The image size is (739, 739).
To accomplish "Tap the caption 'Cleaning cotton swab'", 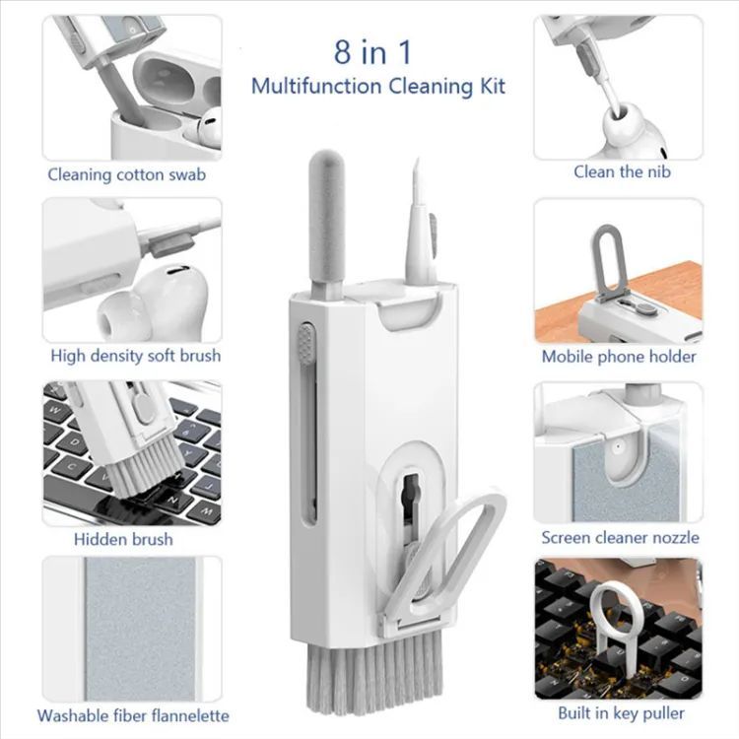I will click(127, 175).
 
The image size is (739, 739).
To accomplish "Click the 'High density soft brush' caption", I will click(136, 356).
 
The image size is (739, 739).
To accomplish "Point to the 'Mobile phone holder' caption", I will click(619, 357).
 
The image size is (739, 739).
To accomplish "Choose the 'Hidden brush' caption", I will click(123, 539).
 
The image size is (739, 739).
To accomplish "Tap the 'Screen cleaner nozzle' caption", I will click(620, 537).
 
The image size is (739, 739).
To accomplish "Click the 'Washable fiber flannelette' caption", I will click(133, 715).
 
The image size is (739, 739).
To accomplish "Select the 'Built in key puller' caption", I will click(621, 713).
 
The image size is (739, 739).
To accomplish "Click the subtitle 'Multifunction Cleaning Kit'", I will click(378, 86).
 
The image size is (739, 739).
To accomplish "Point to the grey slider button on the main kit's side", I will click(307, 344).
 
